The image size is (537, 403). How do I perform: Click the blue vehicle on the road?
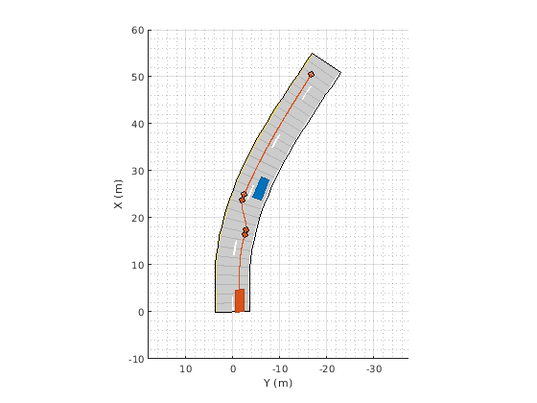pyautogui.click(x=261, y=188)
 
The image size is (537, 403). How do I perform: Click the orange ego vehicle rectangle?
pyautogui.click(x=240, y=300)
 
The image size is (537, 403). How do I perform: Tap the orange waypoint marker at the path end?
pyautogui.click(x=311, y=75)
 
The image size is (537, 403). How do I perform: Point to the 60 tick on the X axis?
pyautogui.click(x=138, y=30)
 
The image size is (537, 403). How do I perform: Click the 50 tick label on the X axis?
pyautogui.click(x=138, y=77)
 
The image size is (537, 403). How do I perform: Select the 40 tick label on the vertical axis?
pyautogui.click(x=138, y=124)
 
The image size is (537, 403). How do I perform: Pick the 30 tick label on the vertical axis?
pyautogui.click(x=138, y=171)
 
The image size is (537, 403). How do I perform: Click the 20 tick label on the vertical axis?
pyautogui.click(x=138, y=218)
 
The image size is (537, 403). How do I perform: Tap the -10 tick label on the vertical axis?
pyautogui.click(x=136, y=359)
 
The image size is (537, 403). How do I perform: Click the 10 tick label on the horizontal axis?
pyautogui.click(x=186, y=369)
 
